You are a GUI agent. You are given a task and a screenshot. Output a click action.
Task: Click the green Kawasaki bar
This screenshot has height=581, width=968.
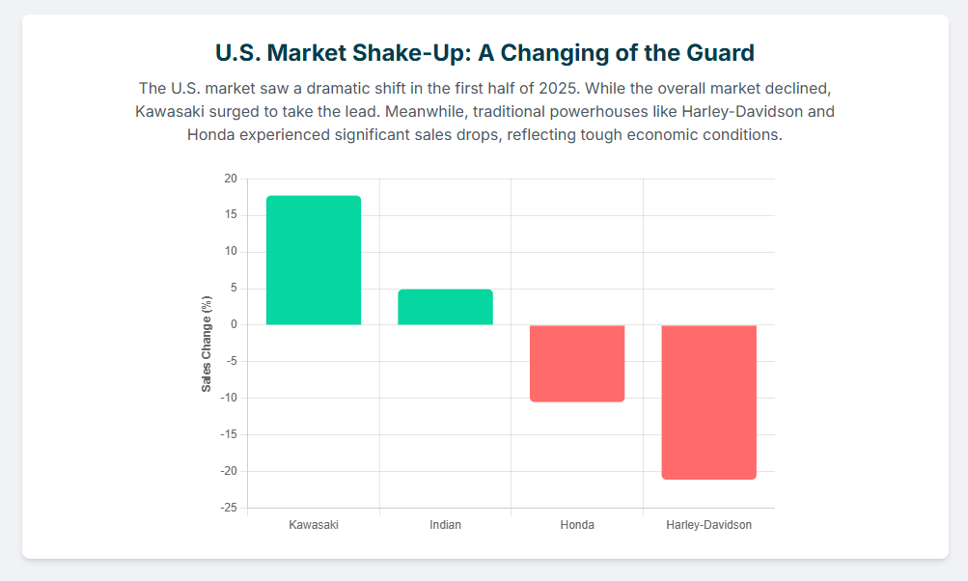pyautogui.click(x=314, y=261)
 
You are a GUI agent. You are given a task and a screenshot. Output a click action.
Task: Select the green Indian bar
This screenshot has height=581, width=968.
pyautogui.click(x=445, y=307)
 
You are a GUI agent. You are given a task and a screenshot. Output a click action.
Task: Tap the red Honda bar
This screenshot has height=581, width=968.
pyautogui.click(x=577, y=363)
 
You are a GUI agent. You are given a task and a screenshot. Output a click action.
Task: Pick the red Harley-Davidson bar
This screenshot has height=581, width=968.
pyautogui.click(x=708, y=401)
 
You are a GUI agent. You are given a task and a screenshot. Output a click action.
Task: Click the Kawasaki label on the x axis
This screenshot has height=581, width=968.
pyautogui.click(x=314, y=525)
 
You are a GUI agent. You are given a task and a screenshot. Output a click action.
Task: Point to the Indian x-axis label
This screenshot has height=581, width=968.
pyautogui.click(x=445, y=525)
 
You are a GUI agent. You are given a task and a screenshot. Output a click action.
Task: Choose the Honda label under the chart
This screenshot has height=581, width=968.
pyautogui.click(x=577, y=525)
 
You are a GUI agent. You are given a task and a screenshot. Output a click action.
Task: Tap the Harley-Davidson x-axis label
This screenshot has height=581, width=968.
pyautogui.click(x=708, y=525)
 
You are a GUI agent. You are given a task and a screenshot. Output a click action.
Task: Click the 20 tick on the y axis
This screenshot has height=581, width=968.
pyautogui.click(x=230, y=179)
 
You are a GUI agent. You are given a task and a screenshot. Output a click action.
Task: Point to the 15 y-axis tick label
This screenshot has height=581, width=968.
pyautogui.click(x=230, y=215)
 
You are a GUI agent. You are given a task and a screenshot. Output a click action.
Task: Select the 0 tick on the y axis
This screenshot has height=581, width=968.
pyautogui.click(x=233, y=325)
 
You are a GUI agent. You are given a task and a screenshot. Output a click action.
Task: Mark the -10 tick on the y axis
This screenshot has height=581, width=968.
pyautogui.click(x=228, y=398)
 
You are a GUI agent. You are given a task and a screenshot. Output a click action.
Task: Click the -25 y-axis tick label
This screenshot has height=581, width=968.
pyautogui.click(x=228, y=508)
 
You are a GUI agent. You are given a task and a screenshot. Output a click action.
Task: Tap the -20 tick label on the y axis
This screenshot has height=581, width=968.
pyautogui.click(x=228, y=471)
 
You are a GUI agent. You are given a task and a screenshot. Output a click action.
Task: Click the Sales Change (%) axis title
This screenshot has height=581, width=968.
pyautogui.click(x=207, y=344)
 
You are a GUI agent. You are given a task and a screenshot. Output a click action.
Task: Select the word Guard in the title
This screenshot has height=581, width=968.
pyautogui.click(x=719, y=51)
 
